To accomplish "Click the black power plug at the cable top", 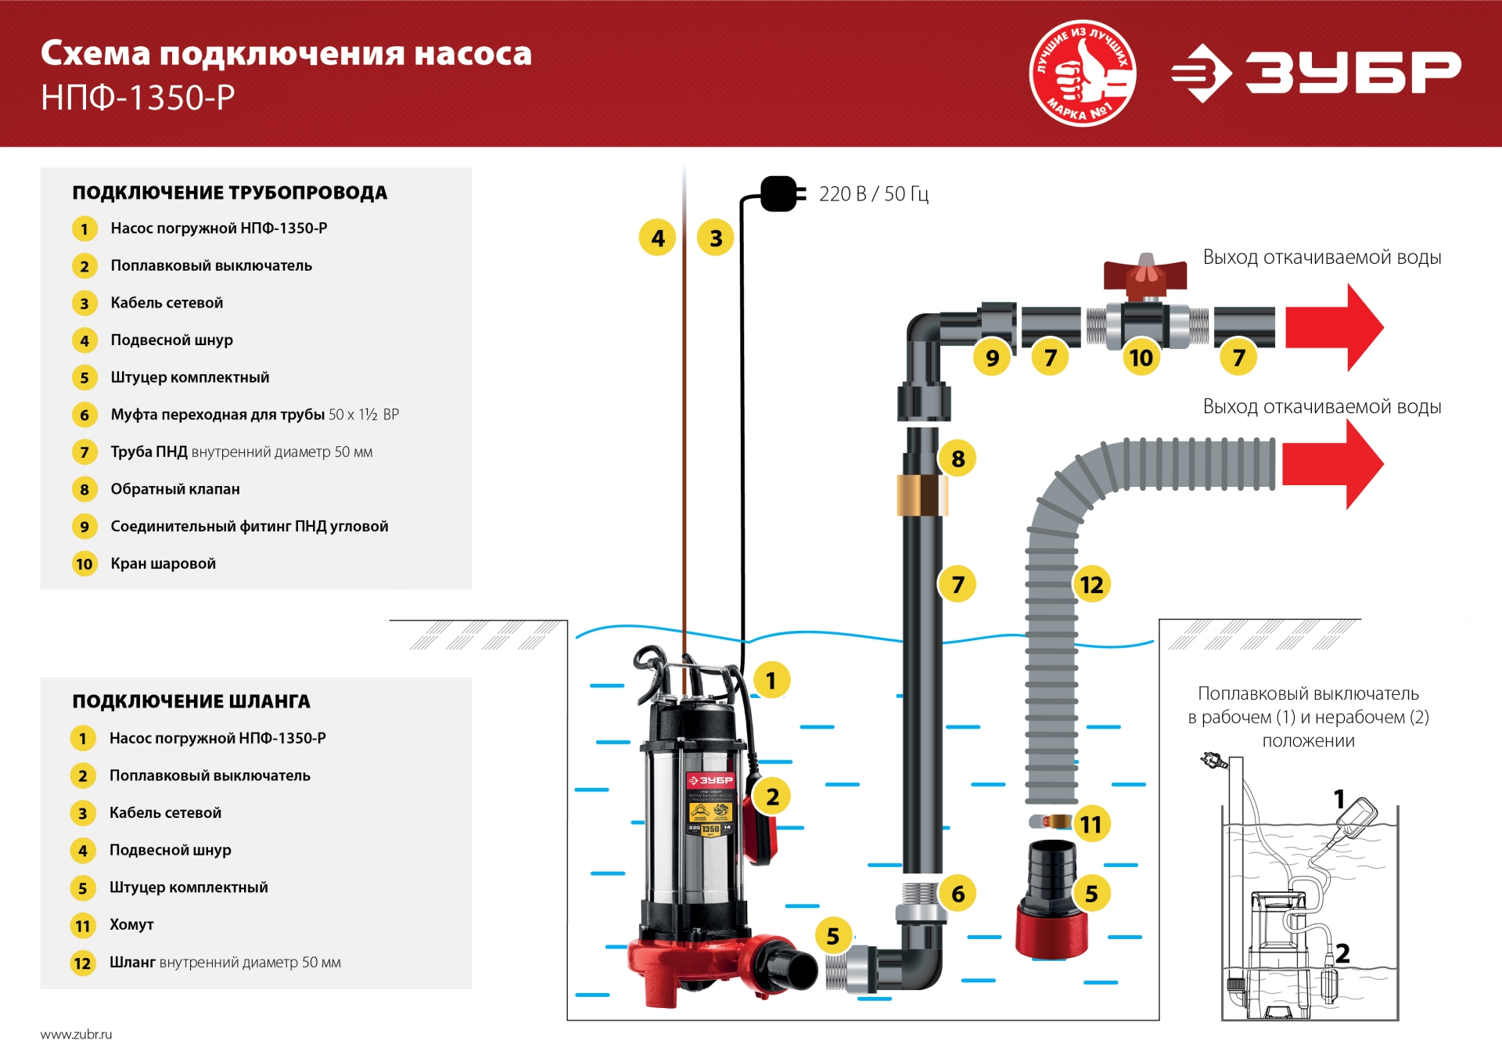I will (x=779, y=193).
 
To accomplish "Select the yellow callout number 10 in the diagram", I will (x=1141, y=358).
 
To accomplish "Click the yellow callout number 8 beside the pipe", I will (x=958, y=459).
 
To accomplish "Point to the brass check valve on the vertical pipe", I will (x=922, y=495).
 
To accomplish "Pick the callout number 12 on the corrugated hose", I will (x=1091, y=585).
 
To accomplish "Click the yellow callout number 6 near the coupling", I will (x=958, y=894).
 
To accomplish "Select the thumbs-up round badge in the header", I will (x=1083, y=73).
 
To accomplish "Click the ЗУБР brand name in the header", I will (x=1353, y=73).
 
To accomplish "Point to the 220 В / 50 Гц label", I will (x=874, y=194).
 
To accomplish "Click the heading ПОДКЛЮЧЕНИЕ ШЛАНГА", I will (x=191, y=701).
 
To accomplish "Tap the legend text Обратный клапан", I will (x=175, y=489).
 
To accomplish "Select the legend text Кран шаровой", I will (x=163, y=563).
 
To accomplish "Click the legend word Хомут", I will (x=131, y=924).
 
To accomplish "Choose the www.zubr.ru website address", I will (x=76, y=1034).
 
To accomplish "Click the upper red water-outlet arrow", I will (x=1334, y=327).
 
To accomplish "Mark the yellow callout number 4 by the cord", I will (x=658, y=238).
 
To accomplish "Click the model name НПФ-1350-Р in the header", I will (x=138, y=98).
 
